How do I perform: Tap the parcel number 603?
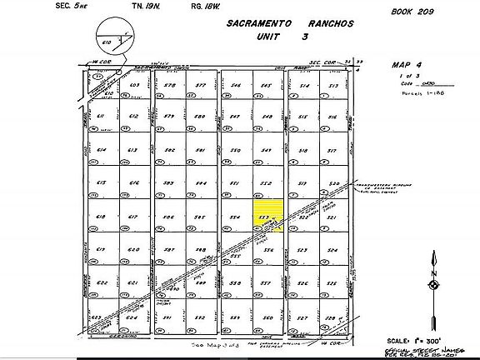(x=132, y=85)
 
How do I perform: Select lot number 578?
(x=169, y=85)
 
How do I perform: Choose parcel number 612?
(x=132, y=117)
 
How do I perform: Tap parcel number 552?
(x=267, y=182)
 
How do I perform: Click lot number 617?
(x=132, y=217)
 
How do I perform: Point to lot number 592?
(x=200, y=317)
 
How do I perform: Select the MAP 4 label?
(x=407, y=63)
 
